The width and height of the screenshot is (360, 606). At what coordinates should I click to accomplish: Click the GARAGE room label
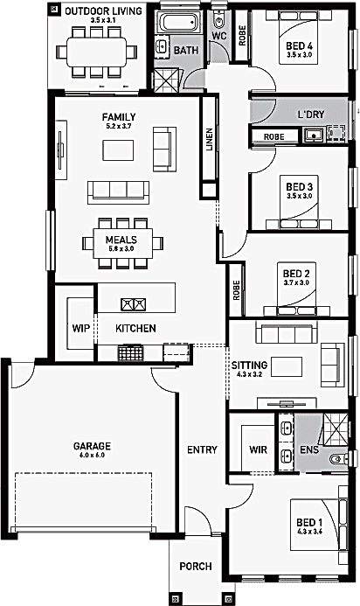click(x=92, y=446)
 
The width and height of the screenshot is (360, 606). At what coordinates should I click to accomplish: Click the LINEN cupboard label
click(x=210, y=139)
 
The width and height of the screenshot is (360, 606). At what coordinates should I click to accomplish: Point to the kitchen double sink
click(x=134, y=304)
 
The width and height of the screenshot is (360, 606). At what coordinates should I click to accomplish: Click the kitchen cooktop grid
click(x=130, y=353)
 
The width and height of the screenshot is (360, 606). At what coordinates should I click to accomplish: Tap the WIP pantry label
click(x=81, y=329)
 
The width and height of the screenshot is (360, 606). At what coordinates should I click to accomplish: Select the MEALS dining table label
click(x=121, y=240)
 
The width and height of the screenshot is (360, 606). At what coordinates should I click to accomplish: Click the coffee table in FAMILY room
click(x=118, y=150)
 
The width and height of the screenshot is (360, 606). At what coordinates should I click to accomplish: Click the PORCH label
click(x=196, y=567)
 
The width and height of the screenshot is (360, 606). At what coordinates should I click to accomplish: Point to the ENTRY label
click(x=202, y=449)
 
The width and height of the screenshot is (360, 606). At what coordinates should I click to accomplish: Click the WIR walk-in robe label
click(x=258, y=449)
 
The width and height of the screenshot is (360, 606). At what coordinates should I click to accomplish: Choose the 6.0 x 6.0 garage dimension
click(x=92, y=456)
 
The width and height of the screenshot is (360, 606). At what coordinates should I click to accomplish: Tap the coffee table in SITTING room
click(x=287, y=366)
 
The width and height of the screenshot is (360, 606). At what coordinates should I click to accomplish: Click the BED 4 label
click(x=300, y=46)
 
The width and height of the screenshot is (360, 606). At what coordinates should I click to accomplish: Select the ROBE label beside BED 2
click(x=237, y=290)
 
